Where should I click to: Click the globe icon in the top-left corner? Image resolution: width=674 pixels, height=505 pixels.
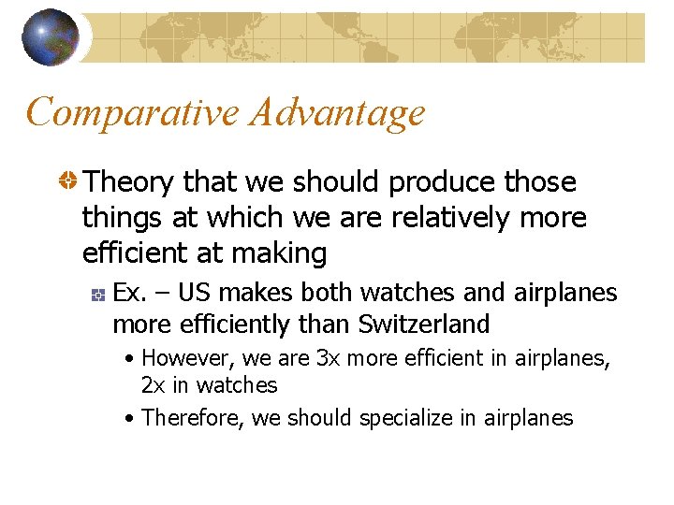[51, 37]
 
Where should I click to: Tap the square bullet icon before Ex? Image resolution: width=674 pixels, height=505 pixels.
[97, 295]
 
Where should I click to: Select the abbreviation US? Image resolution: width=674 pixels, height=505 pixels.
[194, 293]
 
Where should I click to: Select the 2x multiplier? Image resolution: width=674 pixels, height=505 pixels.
[153, 385]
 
